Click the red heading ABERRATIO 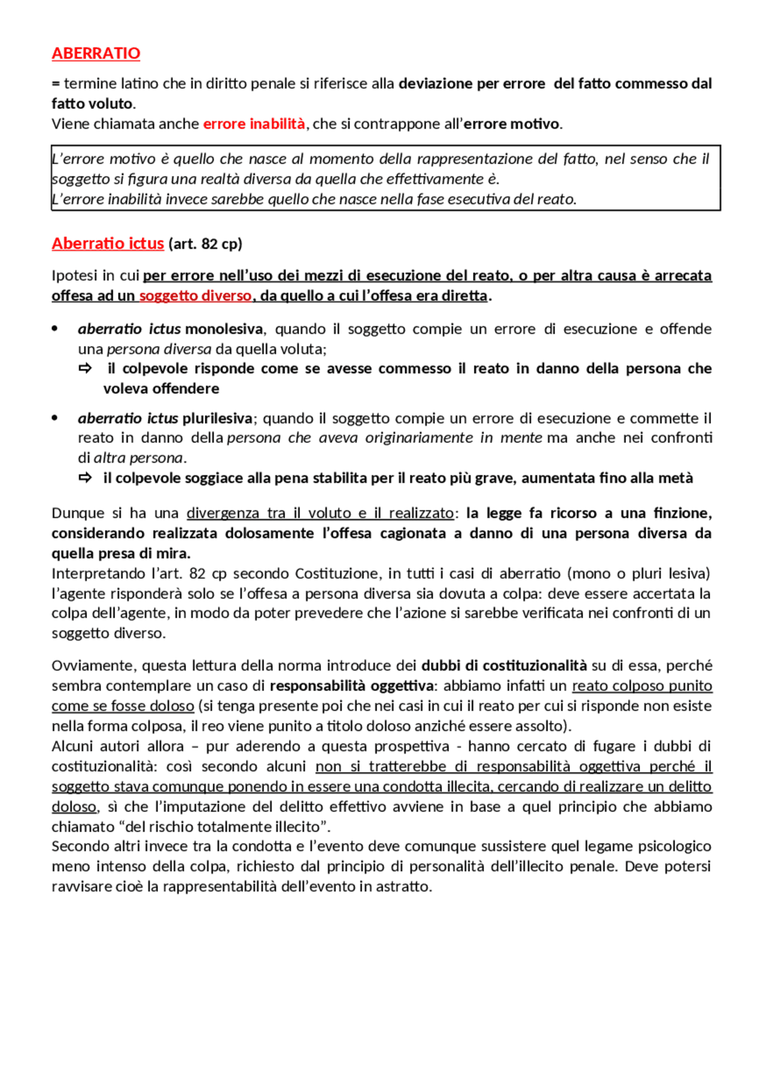click(x=96, y=53)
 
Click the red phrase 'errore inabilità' click(x=254, y=124)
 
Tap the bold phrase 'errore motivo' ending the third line click(x=512, y=124)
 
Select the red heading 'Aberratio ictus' click(x=108, y=244)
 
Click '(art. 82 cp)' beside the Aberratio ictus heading click(x=205, y=244)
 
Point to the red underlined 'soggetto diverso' click(x=195, y=296)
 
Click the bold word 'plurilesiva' click(x=217, y=418)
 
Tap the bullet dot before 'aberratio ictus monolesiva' click(x=55, y=329)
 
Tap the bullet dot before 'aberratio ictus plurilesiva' click(x=55, y=418)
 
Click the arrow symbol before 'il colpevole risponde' click(x=86, y=368)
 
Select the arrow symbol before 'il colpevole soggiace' click(x=86, y=478)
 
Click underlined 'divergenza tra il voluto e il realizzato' click(x=320, y=513)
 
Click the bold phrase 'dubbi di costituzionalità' click(x=504, y=666)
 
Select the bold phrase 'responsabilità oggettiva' click(x=351, y=686)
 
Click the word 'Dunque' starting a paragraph click(x=74, y=513)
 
